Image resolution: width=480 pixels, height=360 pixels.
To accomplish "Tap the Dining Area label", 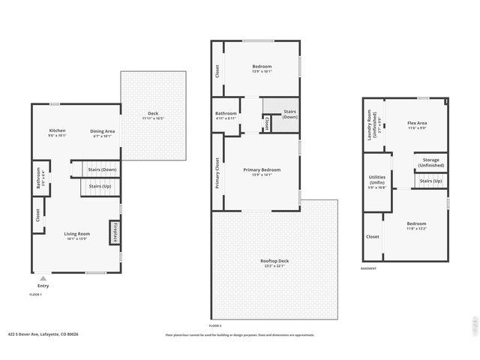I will click(x=103, y=130).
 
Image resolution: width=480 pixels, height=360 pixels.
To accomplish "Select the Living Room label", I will click(x=76, y=234).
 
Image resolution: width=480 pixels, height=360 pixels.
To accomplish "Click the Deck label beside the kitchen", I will click(x=153, y=114).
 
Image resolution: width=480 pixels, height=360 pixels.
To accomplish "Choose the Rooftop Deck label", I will click(x=274, y=260).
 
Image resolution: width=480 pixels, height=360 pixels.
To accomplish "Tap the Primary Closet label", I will click(x=218, y=172).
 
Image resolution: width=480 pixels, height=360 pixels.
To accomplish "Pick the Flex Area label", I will click(x=417, y=123).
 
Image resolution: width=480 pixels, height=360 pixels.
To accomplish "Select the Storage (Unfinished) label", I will click(x=430, y=161).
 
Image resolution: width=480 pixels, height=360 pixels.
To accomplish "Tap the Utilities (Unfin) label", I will click(x=377, y=181).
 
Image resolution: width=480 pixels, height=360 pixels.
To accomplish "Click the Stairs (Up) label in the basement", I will click(x=430, y=181).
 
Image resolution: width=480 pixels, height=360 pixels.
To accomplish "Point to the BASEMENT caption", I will click(x=368, y=268).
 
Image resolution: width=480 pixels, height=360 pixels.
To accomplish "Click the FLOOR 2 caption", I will click(x=215, y=325).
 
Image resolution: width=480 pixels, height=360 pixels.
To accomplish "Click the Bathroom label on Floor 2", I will click(x=226, y=113).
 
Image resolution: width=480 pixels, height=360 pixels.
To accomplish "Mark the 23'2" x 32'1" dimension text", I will click(x=274, y=265).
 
